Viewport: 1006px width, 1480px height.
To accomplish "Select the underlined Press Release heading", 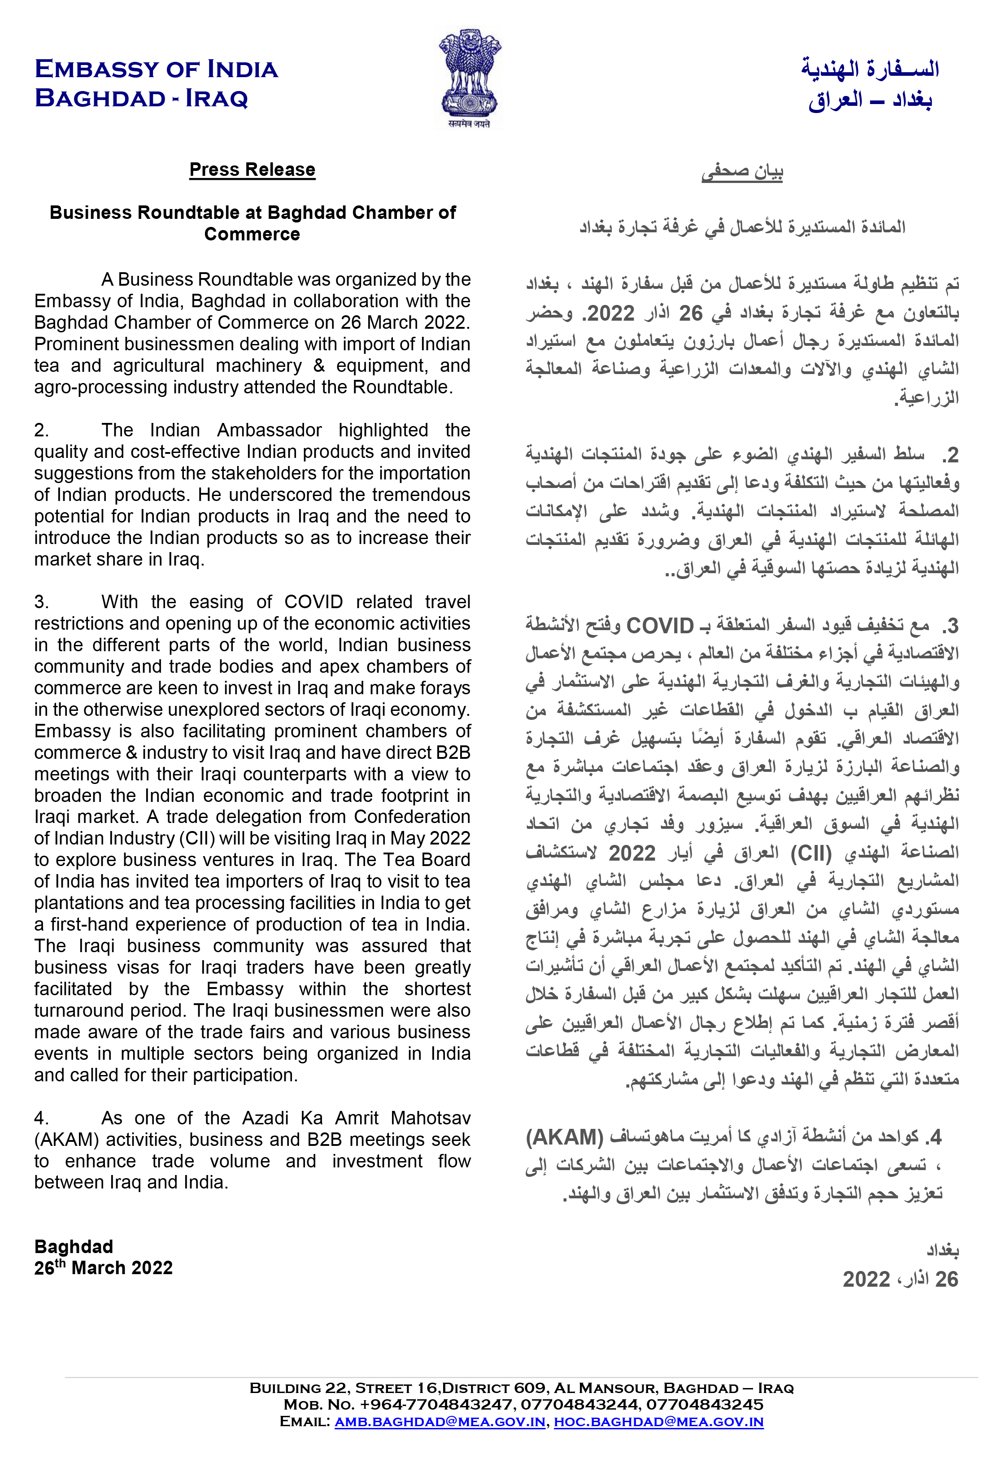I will pos(252,170).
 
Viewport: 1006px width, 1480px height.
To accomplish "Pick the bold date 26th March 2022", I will pos(103,1268).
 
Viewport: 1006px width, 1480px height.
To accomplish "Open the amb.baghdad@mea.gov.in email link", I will pos(440,1421).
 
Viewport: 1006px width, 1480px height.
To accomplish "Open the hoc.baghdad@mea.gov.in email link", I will pos(658,1421).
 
